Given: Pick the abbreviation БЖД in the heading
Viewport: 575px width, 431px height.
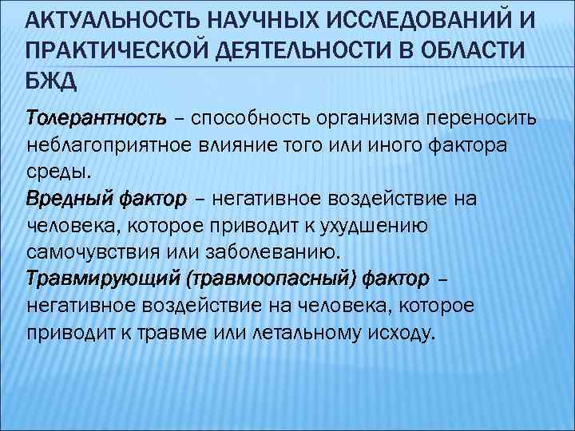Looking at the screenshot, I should pyautogui.click(x=52, y=79).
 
